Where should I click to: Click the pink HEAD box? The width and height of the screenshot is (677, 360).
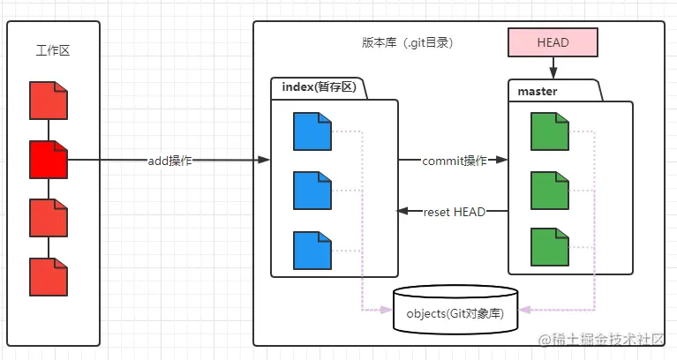[553, 41]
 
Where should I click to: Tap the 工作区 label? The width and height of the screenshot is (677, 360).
[52, 51]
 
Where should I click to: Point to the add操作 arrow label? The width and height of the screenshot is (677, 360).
[169, 161]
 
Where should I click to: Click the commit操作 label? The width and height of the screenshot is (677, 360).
[454, 161]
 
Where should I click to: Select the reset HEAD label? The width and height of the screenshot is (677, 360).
[454, 212]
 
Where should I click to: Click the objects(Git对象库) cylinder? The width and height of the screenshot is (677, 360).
[455, 311]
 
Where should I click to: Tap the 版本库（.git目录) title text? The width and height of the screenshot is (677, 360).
[407, 42]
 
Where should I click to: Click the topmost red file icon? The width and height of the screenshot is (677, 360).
[48, 101]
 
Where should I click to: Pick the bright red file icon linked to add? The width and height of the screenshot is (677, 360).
[48, 160]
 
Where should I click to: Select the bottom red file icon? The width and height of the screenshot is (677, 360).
[48, 277]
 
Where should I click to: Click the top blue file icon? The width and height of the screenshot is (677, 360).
[312, 131]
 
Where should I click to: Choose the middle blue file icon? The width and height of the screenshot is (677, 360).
[312, 190]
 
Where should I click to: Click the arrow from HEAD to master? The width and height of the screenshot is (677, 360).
[553, 67]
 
